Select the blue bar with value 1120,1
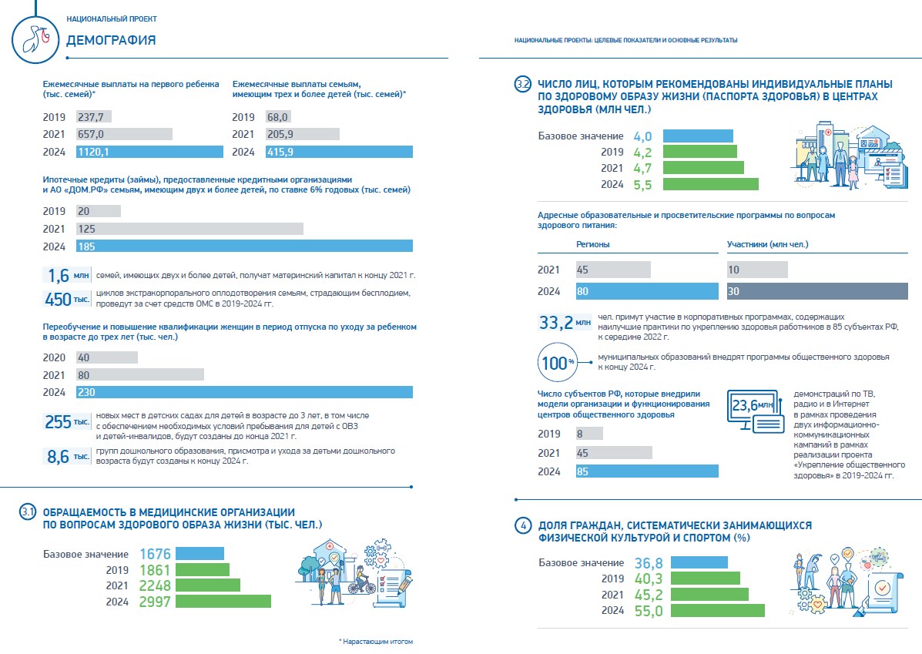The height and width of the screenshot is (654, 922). (148, 152)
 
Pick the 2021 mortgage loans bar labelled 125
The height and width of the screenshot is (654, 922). (189, 229)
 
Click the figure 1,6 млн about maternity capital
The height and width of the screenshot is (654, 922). (67, 276)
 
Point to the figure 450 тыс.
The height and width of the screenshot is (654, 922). (67, 298)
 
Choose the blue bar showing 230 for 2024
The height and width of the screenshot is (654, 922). (244, 392)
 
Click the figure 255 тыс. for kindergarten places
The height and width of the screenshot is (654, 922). (67, 424)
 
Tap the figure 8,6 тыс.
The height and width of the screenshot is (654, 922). (67, 457)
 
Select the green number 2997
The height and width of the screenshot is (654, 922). (154, 602)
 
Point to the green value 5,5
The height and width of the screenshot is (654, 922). (642, 185)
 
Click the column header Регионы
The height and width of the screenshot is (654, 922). (593, 245)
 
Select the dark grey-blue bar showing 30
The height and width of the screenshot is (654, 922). (817, 291)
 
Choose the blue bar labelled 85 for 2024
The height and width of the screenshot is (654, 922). (647, 471)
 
